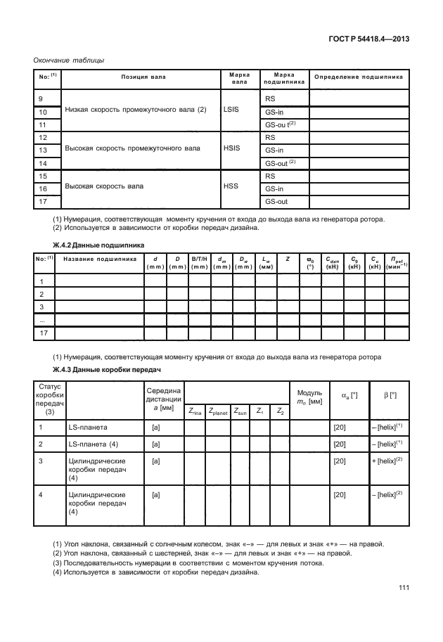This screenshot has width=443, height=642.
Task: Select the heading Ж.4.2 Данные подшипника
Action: pos(99,244)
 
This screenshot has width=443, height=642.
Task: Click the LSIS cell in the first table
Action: pos(231,111)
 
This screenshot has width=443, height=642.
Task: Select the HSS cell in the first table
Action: pos(231,187)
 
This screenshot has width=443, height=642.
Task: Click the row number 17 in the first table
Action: pos(44,202)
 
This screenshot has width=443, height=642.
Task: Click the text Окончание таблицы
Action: pos(69,60)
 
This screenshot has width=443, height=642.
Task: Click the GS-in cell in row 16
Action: pos(274,188)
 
